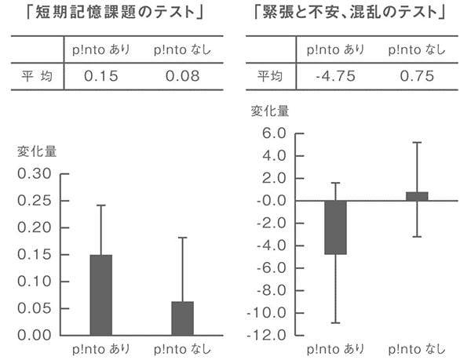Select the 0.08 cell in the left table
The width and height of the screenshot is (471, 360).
pos(182,76)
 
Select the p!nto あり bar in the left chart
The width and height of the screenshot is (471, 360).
pos(101,295)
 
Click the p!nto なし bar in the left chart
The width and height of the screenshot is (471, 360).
pos(182,318)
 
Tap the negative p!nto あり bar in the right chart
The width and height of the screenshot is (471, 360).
pos(335,227)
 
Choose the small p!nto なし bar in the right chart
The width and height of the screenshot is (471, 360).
pos(417,196)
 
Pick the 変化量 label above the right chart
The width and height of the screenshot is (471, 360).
pos(270,111)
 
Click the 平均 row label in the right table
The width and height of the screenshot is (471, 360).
pos(270,76)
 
